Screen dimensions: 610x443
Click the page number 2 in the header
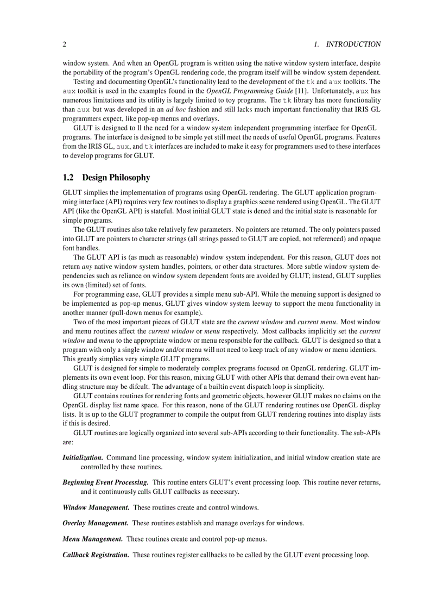coord(65,44)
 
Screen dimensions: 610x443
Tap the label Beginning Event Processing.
coord(105,482)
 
